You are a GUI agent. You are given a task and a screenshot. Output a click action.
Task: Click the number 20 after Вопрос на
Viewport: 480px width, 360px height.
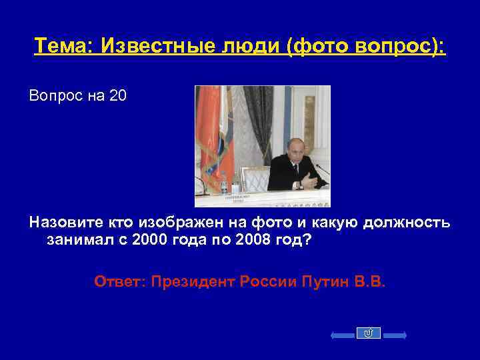pos(117,97)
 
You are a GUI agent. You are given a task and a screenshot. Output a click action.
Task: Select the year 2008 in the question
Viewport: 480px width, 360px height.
pos(251,240)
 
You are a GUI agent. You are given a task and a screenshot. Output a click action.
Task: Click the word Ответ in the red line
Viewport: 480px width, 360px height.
pos(120,281)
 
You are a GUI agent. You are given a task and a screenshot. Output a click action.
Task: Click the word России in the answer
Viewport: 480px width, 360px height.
pos(267,281)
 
